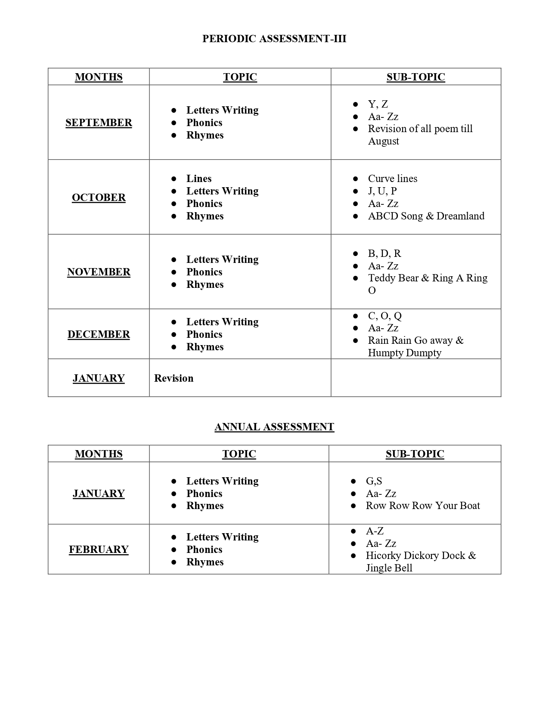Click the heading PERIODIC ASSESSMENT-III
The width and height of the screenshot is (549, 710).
point(274,39)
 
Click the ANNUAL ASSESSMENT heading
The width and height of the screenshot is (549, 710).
point(274,427)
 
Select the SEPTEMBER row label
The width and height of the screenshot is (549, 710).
point(99,123)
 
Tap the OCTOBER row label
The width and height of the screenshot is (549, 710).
point(99,198)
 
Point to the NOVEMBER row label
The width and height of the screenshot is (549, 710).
point(99,272)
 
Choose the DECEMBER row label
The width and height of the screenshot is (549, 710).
point(99,334)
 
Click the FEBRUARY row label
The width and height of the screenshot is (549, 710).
point(99,549)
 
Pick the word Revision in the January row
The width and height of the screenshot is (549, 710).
point(174,378)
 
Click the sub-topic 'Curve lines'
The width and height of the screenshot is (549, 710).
point(392,179)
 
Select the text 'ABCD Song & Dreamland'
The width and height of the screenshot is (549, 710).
point(426,216)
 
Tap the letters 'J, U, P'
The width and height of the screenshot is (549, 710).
point(382,191)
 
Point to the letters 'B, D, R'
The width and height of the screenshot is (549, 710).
point(385,253)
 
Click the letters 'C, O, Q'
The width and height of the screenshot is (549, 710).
point(385,316)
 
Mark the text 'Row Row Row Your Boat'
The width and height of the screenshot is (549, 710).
point(423,506)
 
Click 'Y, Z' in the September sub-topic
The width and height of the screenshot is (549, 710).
point(378,104)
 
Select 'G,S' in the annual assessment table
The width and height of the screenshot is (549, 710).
point(374,481)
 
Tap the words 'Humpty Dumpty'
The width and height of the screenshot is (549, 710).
point(404,353)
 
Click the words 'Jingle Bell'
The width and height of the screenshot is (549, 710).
point(389,568)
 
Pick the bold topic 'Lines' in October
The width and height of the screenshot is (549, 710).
point(199,179)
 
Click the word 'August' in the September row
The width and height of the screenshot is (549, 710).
point(383,141)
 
